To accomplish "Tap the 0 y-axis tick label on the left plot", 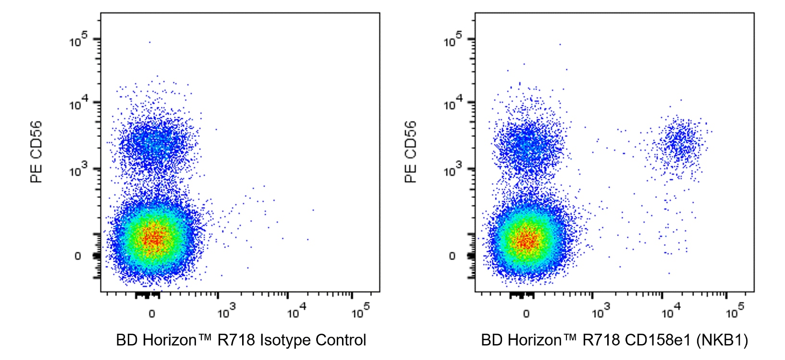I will (x=78, y=256).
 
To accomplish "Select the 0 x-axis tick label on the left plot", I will (x=152, y=314).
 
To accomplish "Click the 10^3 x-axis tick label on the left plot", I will (x=224, y=312).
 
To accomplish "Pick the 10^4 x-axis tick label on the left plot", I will (x=294, y=312).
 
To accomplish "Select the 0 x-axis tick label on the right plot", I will (x=526, y=314).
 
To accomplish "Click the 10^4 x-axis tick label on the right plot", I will (x=668, y=312).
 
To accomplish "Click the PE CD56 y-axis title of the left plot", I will (x=37, y=152).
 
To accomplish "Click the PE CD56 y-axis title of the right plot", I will (x=411, y=152).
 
